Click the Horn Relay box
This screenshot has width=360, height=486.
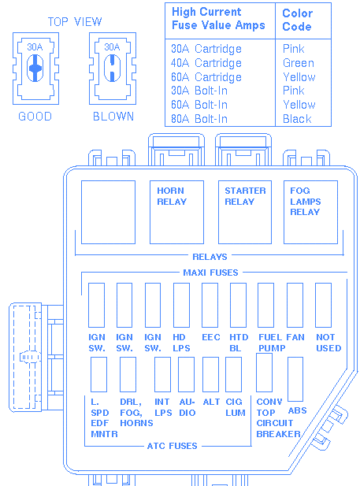pyautogui.click(x=176, y=213)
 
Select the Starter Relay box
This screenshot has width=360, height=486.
pyautogui.click(x=245, y=213)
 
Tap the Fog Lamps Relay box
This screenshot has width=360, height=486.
pyautogui.click(x=310, y=213)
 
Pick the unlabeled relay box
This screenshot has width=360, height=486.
pyautogui.click(x=108, y=213)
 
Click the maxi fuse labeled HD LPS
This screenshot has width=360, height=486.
pyautogui.click(x=181, y=305)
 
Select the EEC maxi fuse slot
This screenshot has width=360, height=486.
pyautogui.click(x=210, y=305)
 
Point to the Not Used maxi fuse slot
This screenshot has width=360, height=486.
pyautogui.click(x=324, y=305)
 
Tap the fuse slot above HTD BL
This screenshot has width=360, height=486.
pyautogui.click(x=238, y=305)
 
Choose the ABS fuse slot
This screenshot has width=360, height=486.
pyautogui.click(x=295, y=379)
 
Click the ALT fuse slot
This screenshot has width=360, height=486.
pyautogui.click(x=210, y=374)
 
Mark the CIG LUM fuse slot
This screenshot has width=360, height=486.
pyautogui.click(x=233, y=374)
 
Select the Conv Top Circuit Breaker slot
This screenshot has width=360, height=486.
pyautogui.click(x=264, y=373)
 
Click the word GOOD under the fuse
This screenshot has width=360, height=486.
pyautogui.click(x=35, y=117)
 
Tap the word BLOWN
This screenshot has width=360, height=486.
pyautogui.click(x=113, y=117)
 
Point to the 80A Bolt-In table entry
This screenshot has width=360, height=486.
pyautogui.click(x=199, y=119)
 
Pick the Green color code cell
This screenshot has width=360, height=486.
pyautogui.click(x=299, y=63)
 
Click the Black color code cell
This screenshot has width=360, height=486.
pyautogui.click(x=297, y=119)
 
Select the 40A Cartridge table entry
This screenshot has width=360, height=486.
pyautogui.click(x=206, y=63)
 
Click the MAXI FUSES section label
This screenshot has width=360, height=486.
pyautogui.click(x=210, y=273)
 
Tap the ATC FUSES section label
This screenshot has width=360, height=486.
pyautogui.click(x=172, y=446)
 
